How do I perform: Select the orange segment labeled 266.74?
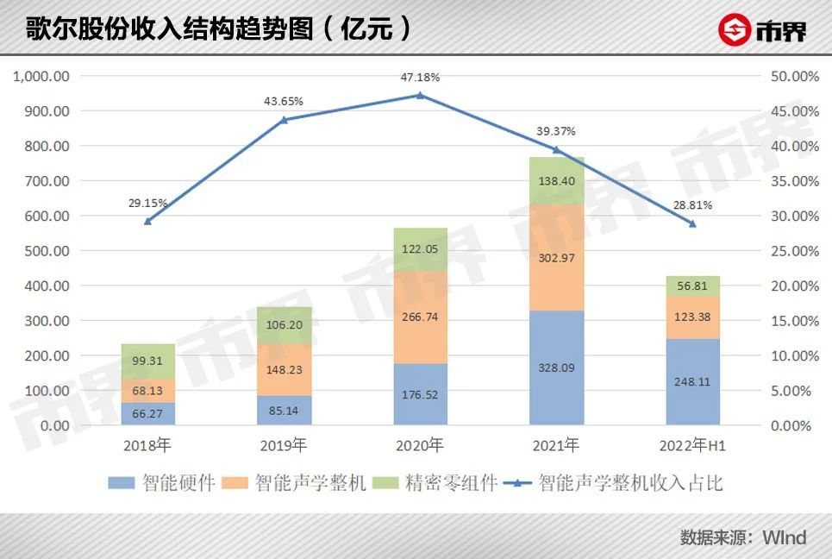tap(421, 317)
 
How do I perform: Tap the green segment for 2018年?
tap(147, 361)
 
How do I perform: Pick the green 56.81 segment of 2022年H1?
tap(693, 286)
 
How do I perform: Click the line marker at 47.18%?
tap(420, 95)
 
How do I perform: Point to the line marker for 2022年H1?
tap(692, 223)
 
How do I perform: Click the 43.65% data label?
tap(284, 101)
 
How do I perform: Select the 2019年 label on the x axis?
tap(284, 446)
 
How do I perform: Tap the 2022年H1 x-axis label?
tap(692, 446)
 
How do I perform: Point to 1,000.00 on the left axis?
tap(41, 77)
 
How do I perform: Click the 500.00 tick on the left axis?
tap(49, 251)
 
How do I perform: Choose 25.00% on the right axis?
tap(792, 251)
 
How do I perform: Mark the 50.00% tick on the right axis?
tap(792, 77)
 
